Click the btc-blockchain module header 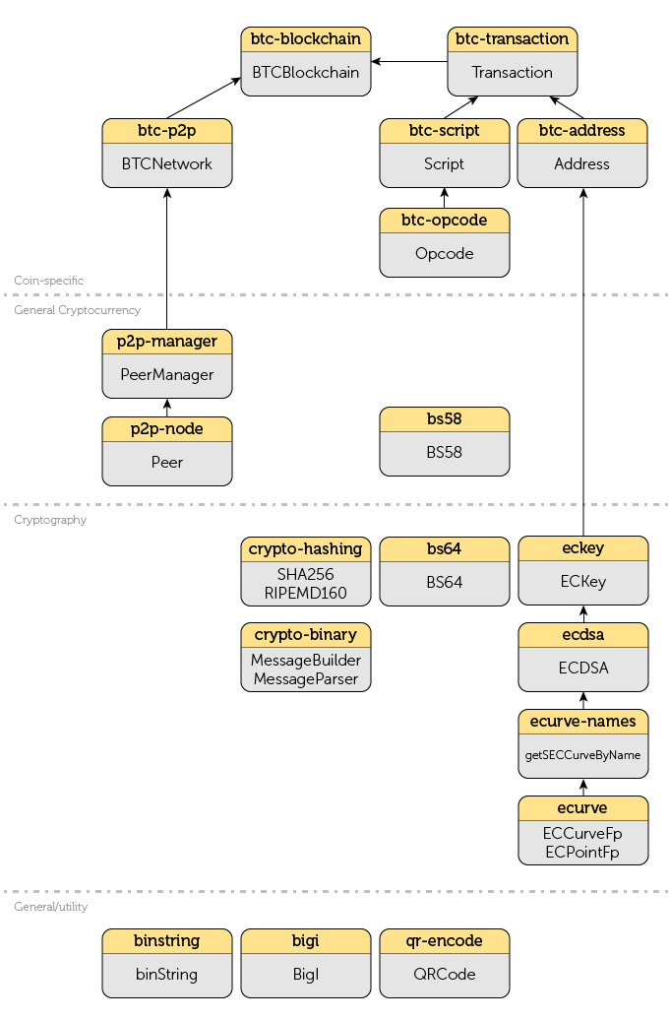coord(306,39)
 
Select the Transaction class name coord(513,73)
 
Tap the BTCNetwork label coord(167,164)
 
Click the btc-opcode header coord(445,221)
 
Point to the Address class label coord(582,164)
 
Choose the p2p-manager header coord(167,342)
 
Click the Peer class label coord(167,462)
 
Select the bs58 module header coord(445,419)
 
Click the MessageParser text coord(306,678)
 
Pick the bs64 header coord(445,548)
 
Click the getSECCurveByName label coord(583,755)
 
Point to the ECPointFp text coord(583,852)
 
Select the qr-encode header coord(445,941)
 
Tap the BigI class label coord(306,975)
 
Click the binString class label coord(167,975)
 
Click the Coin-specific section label coord(48,281)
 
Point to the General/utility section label coord(50,907)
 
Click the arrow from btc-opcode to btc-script coord(445,197)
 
